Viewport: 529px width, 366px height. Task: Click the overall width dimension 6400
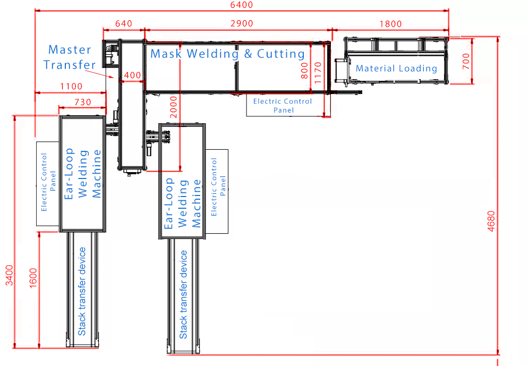pos(242,5)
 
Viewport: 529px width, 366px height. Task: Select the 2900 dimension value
pos(242,23)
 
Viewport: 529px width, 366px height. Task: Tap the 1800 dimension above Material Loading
pos(390,23)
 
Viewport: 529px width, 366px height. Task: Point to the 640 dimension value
pos(123,23)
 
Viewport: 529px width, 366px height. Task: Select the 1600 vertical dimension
pos(33,277)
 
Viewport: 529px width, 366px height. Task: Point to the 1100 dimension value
pos(71,87)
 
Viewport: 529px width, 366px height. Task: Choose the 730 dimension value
pos(81,101)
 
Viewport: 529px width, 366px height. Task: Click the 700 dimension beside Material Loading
pos(466,62)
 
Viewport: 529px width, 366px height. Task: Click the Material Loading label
pos(396,69)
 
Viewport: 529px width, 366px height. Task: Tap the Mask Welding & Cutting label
pos(227,54)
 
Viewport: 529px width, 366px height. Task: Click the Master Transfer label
pos(70,57)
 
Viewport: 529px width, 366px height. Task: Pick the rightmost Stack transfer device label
pos(183,294)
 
